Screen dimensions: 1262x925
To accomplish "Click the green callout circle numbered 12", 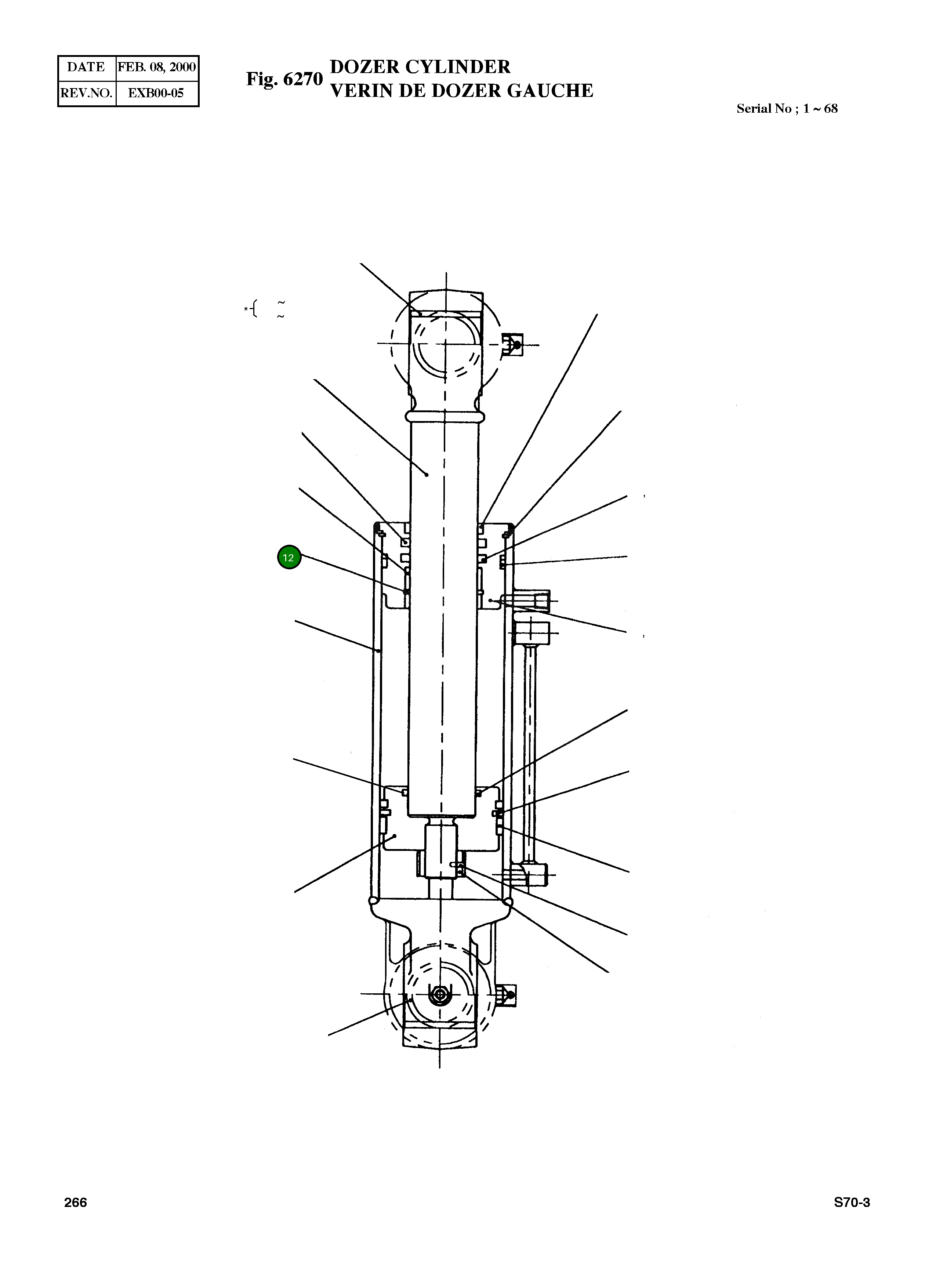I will [289, 558].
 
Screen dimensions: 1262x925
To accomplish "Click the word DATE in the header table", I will [86, 67].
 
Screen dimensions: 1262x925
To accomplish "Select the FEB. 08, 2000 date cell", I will [157, 67].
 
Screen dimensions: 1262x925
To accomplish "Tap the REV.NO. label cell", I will [86, 93].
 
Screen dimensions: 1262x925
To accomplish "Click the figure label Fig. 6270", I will [284, 79].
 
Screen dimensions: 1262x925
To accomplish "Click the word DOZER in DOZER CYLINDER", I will [364, 67].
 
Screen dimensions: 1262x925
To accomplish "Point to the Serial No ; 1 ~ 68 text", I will [787, 109].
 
